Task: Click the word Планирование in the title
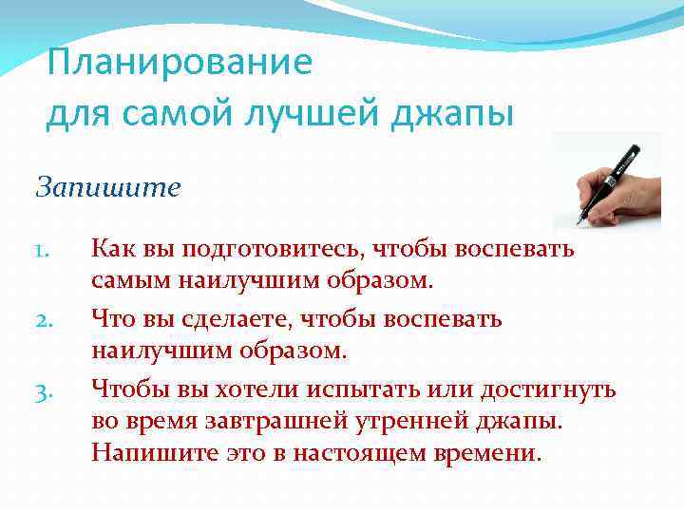[180, 64]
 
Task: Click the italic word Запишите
[107, 187]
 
